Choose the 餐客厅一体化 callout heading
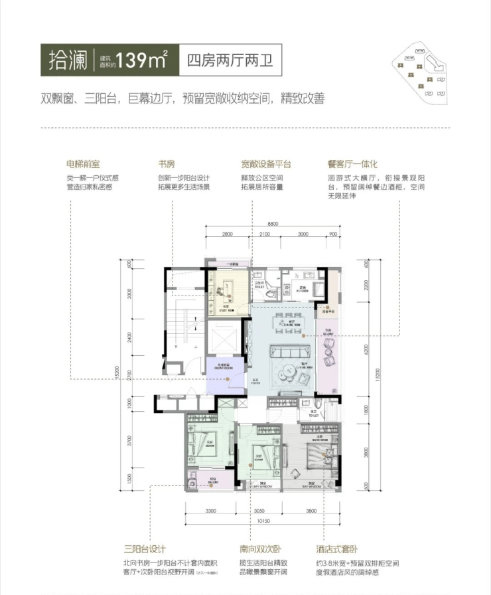point(352,163)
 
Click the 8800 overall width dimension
point(268,224)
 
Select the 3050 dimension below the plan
point(259,511)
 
